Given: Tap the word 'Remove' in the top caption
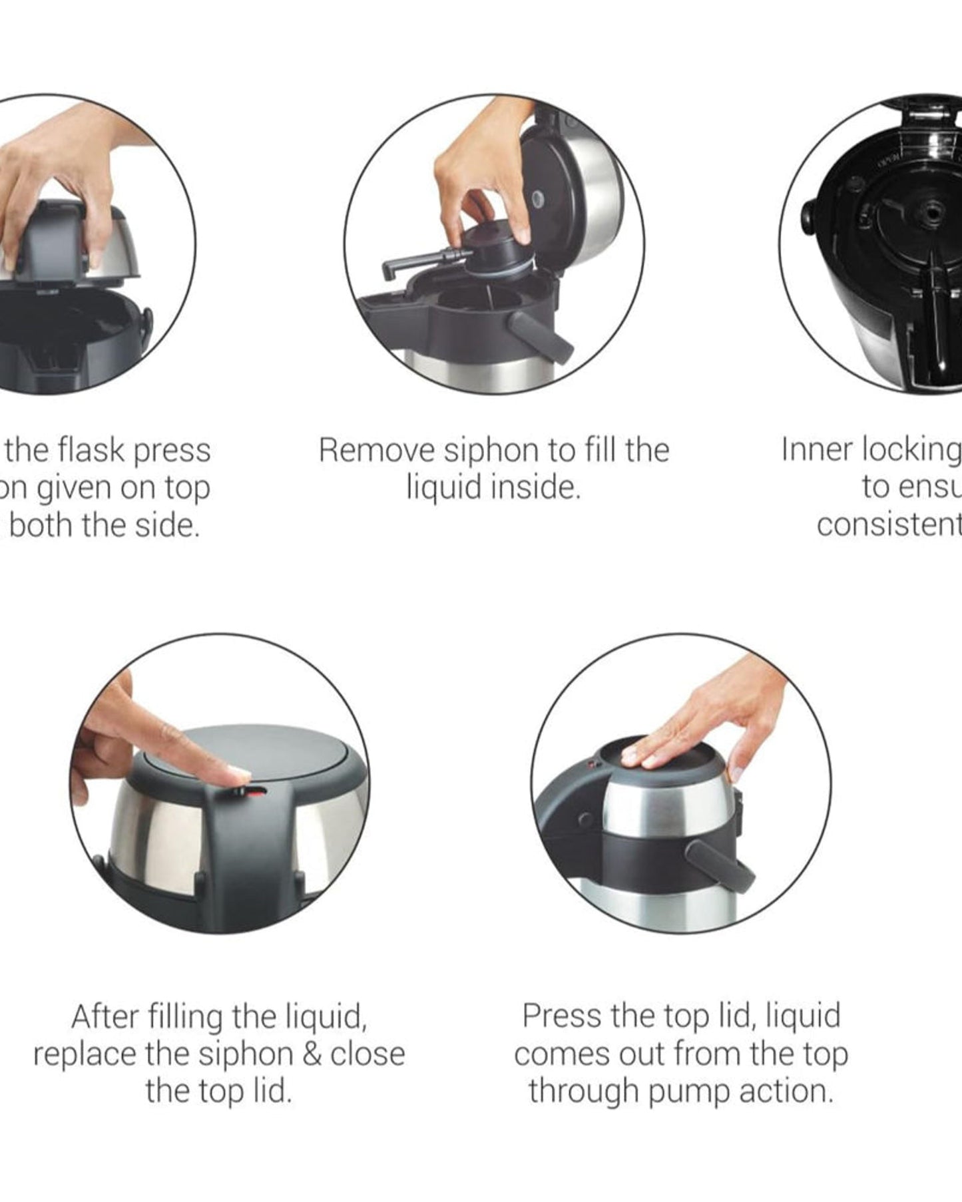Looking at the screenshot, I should click(x=377, y=451).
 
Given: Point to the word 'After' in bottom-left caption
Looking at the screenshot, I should click(x=105, y=1017).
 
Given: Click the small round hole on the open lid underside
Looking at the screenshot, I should click(x=538, y=199).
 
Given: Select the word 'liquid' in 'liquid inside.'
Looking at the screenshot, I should click(x=443, y=488).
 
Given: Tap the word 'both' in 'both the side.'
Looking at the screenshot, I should click(x=40, y=525).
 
